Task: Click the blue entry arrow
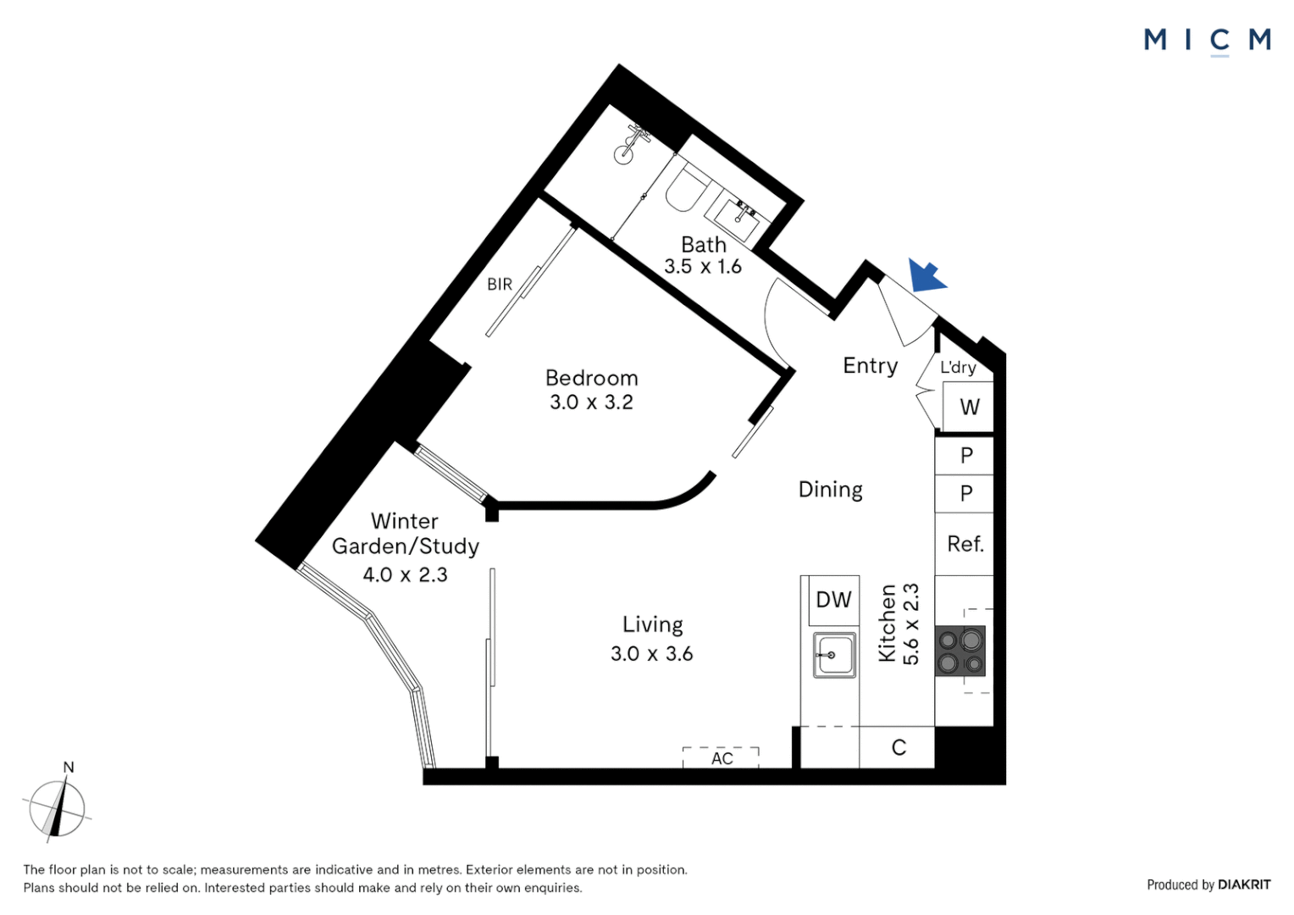(926, 275)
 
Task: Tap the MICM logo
(1207, 40)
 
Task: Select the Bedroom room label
(591, 378)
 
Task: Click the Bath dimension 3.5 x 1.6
(702, 266)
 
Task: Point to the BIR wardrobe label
(499, 285)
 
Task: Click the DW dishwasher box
(833, 600)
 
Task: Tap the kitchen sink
(834, 655)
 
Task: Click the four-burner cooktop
(959, 651)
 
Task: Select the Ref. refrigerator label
(965, 544)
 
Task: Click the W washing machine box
(969, 408)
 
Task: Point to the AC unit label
(722, 758)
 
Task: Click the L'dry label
(958, 367)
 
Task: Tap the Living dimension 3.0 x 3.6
(651, 653)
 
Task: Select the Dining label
(830, 490)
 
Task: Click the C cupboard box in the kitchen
(898, 747)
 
